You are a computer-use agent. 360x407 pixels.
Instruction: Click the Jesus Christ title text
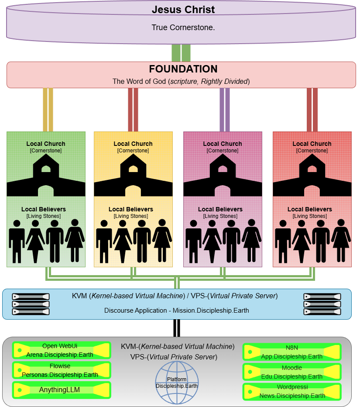coord(183,10)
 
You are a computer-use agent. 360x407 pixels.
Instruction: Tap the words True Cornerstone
coord(183,28)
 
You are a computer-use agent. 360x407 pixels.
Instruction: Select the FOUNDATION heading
coord(183,69)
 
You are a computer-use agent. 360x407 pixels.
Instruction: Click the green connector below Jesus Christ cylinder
coord(181,53)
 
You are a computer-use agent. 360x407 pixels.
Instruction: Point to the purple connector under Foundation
coord(225,109)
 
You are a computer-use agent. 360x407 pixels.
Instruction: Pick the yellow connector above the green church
coord(48,109)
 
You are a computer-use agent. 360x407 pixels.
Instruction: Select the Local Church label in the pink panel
coord(223,144)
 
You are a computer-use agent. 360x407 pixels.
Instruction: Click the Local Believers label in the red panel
coord(310,209)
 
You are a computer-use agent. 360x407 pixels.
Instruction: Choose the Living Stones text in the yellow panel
coord(131,216)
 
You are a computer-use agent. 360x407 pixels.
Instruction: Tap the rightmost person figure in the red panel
coord(341,241)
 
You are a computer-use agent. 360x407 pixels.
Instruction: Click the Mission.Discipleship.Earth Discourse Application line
coord(177,310)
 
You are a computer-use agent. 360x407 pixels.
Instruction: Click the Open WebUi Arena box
coord(61,350)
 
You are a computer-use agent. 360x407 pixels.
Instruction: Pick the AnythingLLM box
coord(61,390)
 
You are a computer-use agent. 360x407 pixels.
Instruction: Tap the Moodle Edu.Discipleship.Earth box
coord(291,372)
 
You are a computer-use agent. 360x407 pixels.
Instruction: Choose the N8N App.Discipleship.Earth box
coord(291,352)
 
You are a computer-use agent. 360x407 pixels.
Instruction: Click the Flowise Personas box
coord(61,370)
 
